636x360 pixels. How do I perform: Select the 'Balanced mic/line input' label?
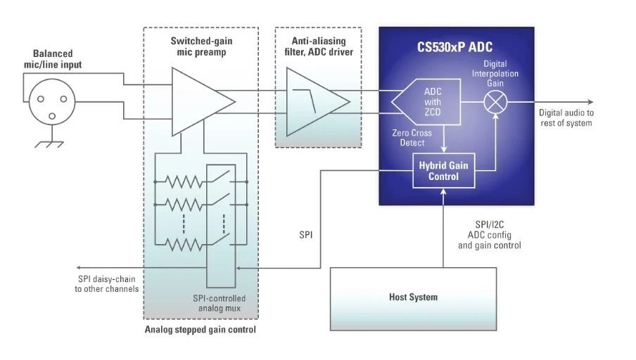tap(52, 60)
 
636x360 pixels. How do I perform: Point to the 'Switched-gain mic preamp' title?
tap(201, 46)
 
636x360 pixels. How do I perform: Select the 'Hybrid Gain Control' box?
tap(443, 171)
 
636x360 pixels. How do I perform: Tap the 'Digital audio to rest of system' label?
tap(566, 118)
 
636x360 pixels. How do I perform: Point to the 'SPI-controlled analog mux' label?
tap(219, 303)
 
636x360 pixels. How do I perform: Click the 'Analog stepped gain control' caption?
tap(201, 330)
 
